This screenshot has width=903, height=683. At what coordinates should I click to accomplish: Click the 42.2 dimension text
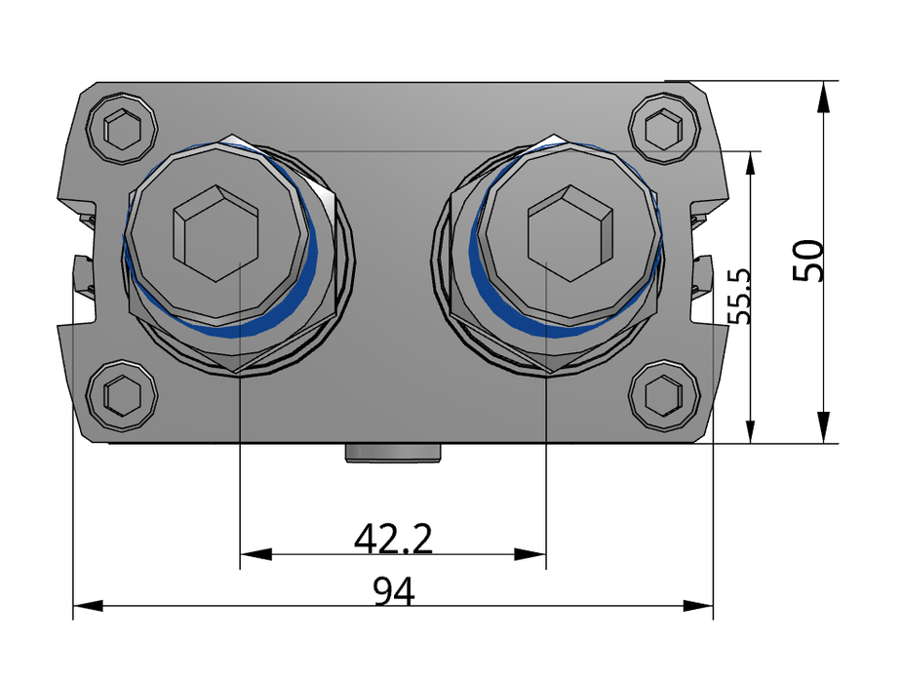point(393,538)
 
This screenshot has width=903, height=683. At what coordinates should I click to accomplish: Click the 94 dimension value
point(393,591)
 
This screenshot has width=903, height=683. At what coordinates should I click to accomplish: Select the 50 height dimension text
point(810,261)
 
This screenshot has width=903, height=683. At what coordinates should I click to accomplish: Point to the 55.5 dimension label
point(740,297)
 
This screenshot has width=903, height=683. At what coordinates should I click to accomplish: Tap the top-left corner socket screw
point(123,127)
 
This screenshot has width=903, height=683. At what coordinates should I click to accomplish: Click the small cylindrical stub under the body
point(393,452)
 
